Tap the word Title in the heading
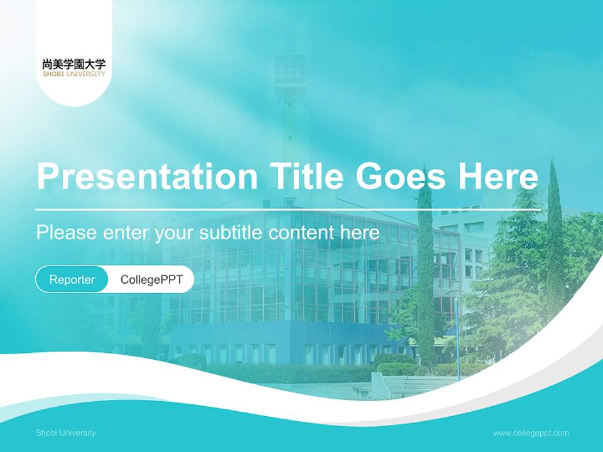(x=306, y=176)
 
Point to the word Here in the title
(x=497, y=176)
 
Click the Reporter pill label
(x=72, y=279)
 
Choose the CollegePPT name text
(x=151, y=279)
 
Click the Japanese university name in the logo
(x=74, y=64)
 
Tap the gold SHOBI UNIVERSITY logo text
(x=74, y=74)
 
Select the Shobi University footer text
(x=66, y=433)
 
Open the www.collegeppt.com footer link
(x=531, y=433)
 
